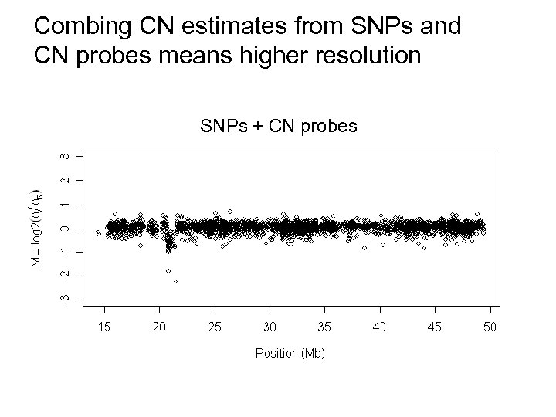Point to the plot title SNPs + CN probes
coord(279,125)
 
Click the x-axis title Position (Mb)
coord(290,353)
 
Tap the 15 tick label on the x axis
coord(104,327)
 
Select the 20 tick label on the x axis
coord(159,327)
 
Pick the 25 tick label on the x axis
coord(215,327)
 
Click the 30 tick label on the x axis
coord(270,327)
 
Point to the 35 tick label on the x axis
coord(324,327)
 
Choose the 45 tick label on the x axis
coord(435,327)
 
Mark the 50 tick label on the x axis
coord(490,327)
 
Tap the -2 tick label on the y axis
coord(67,274)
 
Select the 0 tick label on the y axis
coord(67,228)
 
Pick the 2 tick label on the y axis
coord(67,180)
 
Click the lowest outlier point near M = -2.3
coord(176,282)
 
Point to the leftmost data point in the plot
coord(98,232)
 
